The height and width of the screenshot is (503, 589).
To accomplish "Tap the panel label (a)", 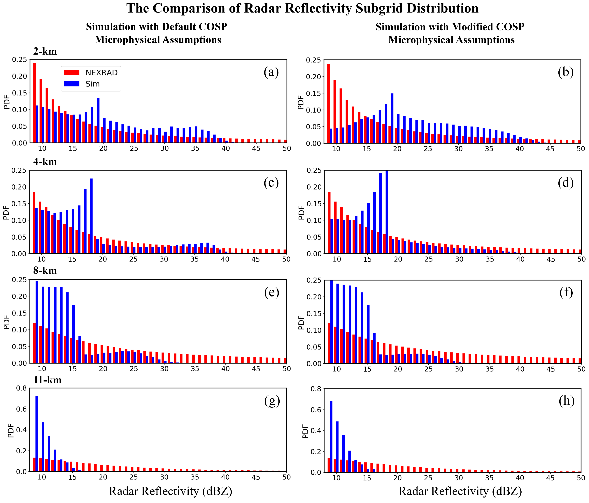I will pos(271,72).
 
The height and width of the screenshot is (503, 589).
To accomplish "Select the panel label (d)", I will pos(566,183).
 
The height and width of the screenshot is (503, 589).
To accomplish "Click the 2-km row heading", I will pos(45,51).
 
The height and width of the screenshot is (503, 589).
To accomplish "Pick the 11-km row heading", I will pos(47,380).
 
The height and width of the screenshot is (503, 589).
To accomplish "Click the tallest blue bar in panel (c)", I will pos(91,216).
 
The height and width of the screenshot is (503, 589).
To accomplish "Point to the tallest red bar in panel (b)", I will pos(328,103).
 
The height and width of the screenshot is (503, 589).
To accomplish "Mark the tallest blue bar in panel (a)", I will pos(98,120).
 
